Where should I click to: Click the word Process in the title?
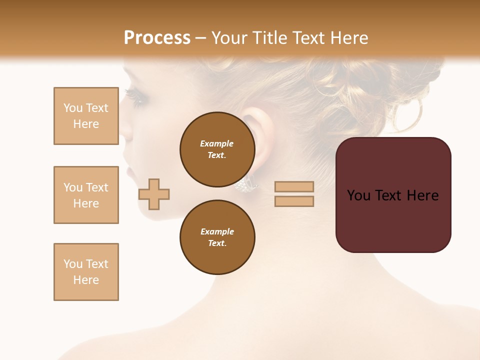pos(157,38)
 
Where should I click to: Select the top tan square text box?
pos(86,116)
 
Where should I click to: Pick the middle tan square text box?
pos(86,195)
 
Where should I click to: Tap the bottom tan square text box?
pos(86,272)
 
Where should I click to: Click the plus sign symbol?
pos(154,194)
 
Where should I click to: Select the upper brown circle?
pos(217,149)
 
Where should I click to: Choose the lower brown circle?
pos(217,237)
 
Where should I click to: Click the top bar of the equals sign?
pos(294,186)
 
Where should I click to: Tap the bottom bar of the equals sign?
pos(294,201)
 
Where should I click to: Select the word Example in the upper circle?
pos(217,143)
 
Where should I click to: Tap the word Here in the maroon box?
pos(422,195)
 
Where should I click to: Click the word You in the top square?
pos(73,108)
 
